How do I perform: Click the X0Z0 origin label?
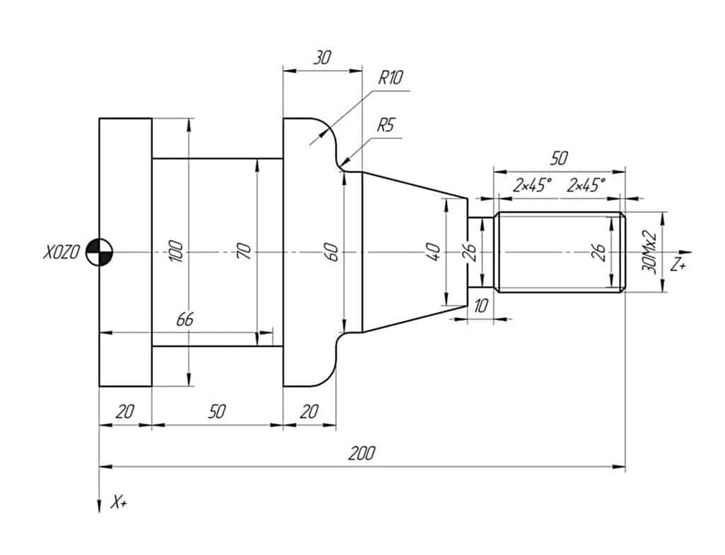[x=61, y=253]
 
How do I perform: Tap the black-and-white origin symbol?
[x=99, y=253]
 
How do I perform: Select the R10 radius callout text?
[x=391, y=78]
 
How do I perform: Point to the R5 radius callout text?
[x=386, y=125]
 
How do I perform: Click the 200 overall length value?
[x=362, y=453]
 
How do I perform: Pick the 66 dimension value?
[x=185, y=319]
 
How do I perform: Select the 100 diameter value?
[x=177, y=252]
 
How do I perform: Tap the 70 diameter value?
[x=244, y=251]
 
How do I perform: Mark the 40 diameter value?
[x=434, y=252]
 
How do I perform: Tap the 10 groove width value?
[x=481, y=306]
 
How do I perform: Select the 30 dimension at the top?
[x=322, y=58]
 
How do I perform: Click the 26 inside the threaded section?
[x=600, y=252]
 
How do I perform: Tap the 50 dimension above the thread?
[x=559, y=158]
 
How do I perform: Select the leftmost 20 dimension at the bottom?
[x=125, y=412]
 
